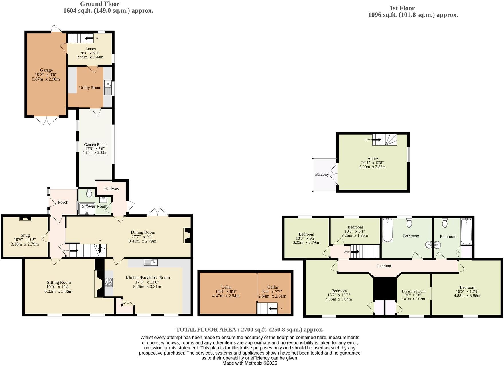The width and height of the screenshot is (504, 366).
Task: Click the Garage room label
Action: click(46, 70)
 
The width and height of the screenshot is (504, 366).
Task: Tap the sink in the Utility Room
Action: click(108, 87)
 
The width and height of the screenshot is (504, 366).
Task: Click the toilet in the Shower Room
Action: click(89, 193)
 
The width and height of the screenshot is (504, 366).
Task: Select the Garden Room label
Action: click(95, 144)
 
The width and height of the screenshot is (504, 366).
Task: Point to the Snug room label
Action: click(25, 235)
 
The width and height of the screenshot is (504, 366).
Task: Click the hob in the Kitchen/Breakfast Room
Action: click(109, 282)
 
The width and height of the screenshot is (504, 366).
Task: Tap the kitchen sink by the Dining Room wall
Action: click(151, 262)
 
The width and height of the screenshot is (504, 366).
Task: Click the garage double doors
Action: click(46, 120)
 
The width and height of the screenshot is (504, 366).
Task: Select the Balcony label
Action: click(322, 174)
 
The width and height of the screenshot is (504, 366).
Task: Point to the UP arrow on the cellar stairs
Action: click(274, 308)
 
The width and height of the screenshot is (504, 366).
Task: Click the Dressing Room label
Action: click(413, 291)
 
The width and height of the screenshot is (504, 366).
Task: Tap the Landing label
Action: click(384, 266)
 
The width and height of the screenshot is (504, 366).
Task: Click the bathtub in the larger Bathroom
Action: click(387, 230)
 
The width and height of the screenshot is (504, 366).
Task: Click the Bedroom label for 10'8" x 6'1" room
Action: click(355, 227)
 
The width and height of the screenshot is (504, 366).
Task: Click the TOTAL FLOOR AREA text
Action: click(249, 329)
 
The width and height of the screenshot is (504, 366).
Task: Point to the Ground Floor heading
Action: click(100, 4)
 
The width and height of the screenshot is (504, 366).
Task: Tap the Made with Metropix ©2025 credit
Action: click(249, 363)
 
